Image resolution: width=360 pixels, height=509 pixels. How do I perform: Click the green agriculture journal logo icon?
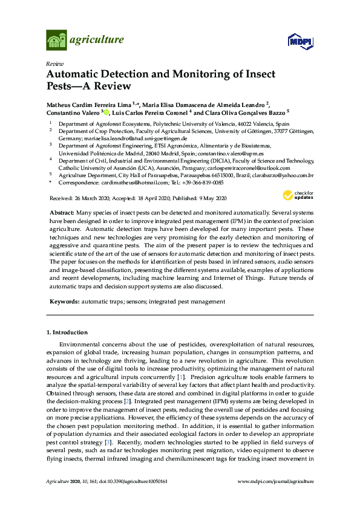pos(56,41)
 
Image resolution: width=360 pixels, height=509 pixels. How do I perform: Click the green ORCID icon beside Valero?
pos(107,112)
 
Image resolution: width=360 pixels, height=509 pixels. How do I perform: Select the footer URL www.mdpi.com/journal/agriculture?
pos(277,481)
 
